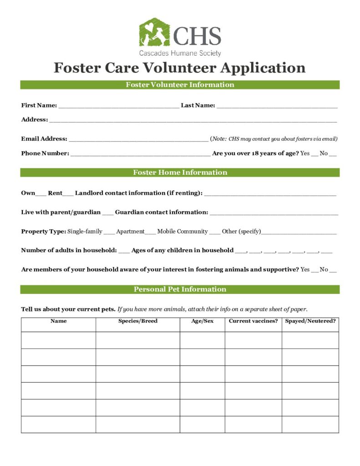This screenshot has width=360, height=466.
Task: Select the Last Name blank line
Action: (277, 106)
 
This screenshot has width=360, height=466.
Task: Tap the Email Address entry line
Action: (138, 139)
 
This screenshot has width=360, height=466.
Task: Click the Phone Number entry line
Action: (140, 154)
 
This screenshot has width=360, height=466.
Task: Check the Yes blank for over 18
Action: (314, 154)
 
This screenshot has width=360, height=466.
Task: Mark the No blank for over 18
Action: (333, 154)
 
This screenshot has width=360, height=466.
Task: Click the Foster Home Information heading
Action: (180, 172)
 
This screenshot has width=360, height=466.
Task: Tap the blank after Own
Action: (41, 194)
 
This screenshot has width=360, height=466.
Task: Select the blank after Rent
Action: (68, 194)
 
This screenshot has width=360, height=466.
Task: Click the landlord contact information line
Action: (270, 194)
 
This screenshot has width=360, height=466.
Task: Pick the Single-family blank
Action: (109, 232)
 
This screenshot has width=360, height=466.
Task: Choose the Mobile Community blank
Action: (215, 232)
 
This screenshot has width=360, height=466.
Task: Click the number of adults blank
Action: (124, 251)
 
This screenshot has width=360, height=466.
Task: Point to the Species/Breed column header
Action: (137, 321)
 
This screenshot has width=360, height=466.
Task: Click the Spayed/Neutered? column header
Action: (310, 321)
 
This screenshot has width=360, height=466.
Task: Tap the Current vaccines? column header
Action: (253, 321)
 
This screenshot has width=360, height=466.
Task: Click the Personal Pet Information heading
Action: (180, 289)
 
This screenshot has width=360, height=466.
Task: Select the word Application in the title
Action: (263, 68)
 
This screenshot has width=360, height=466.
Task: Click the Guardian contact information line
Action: (274, 213)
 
